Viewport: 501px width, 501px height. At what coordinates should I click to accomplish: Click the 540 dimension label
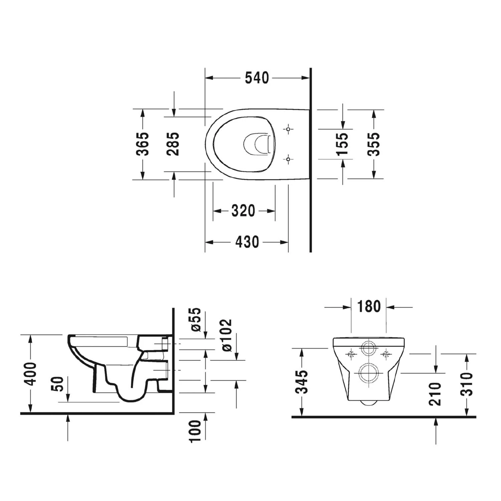click(x=257, y=78)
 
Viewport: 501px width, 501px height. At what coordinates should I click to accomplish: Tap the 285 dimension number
click(x=173, y=144)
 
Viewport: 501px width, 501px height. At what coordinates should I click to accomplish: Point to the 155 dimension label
click(x=342, y=144)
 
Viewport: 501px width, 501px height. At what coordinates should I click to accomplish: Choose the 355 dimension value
click(x=373, y=144)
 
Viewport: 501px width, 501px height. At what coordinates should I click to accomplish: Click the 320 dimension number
click(x=243, y=211)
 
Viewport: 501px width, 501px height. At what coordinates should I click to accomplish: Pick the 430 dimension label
click(x=247, y=242)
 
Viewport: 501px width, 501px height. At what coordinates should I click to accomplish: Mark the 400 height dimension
click(x=31, y=373)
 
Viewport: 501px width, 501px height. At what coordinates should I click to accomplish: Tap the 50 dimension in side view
click(x=58, y=384)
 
